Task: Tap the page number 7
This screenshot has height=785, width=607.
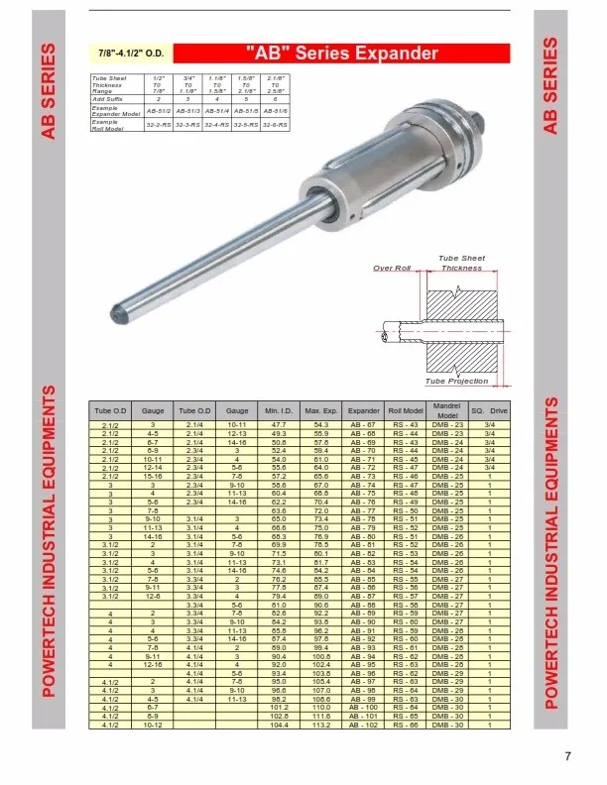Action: (567, 757)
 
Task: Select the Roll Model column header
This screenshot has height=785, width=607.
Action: (406, 409)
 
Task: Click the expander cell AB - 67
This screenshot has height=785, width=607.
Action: (364, 424)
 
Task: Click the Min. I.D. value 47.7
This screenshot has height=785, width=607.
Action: (279, 424)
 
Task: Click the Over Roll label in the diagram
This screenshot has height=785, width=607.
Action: (392, 268)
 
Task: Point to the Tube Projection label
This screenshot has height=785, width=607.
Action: (456, 381)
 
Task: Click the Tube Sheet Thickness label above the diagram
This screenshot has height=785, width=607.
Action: (461, 263)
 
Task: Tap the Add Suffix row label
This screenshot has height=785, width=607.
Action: (106, 99)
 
